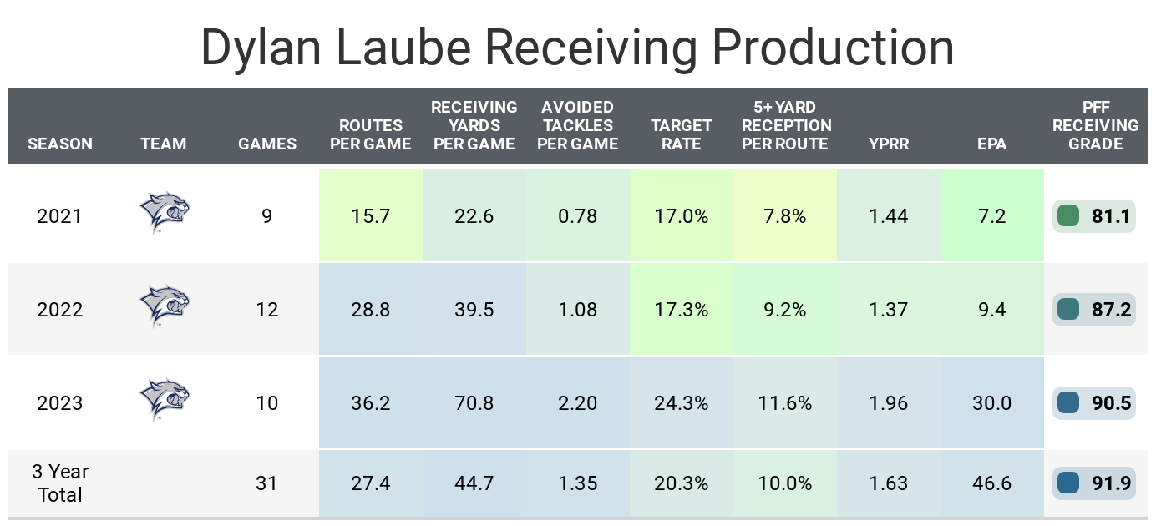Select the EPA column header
tap(992, 144)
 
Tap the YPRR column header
tap(889, 144)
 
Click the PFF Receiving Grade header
tap(1095, 125)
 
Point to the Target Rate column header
tap(682, 134)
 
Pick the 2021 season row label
tap(60, 216)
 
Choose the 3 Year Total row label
tap(60, 483)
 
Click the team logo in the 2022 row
tap(164, 306)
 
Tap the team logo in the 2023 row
tap(164, 399)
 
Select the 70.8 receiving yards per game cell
tap(474, 403)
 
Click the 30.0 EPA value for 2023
tap(992, 403)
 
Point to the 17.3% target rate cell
tap(682, 310)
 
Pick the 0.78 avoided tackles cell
tap(578, 216)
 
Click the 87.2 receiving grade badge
tap(1094, 310)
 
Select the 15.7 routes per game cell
tap(371, 216)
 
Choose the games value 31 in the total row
tap(267, 483)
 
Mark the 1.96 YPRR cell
tap(889, 403)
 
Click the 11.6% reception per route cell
tap(785, 403)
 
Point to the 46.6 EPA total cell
tap(992, 483)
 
